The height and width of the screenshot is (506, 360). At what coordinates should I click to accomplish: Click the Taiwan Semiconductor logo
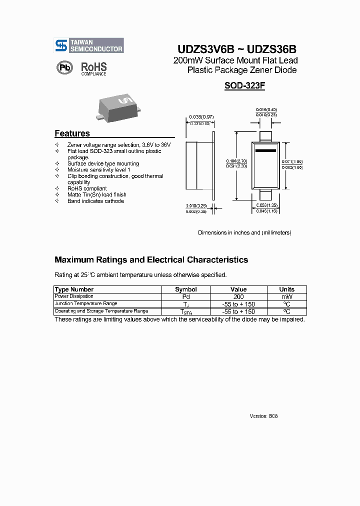pos(89,45)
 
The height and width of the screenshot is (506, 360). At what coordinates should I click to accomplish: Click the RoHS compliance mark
pos(94,68)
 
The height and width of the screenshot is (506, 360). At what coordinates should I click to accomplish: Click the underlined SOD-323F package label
pos(244,85)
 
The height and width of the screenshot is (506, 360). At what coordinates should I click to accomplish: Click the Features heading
pos(72,133)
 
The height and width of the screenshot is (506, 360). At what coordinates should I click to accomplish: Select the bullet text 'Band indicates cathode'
pos(95,201)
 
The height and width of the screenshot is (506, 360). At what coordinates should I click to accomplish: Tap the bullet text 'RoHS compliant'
pos(87,188)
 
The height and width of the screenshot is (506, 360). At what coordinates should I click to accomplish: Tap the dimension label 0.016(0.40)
pos(266,109)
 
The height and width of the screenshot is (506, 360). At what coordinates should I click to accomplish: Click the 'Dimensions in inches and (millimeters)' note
pos(244,232)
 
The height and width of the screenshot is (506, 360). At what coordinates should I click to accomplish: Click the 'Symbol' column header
pos(185,289)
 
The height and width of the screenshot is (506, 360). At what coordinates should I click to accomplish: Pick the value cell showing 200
pos(238,296)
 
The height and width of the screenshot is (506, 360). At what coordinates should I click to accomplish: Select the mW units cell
pos(286,296)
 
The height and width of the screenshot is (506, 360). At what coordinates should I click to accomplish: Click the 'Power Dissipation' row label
pos(74,296)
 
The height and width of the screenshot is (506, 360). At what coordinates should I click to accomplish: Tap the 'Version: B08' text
pos(263,416)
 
